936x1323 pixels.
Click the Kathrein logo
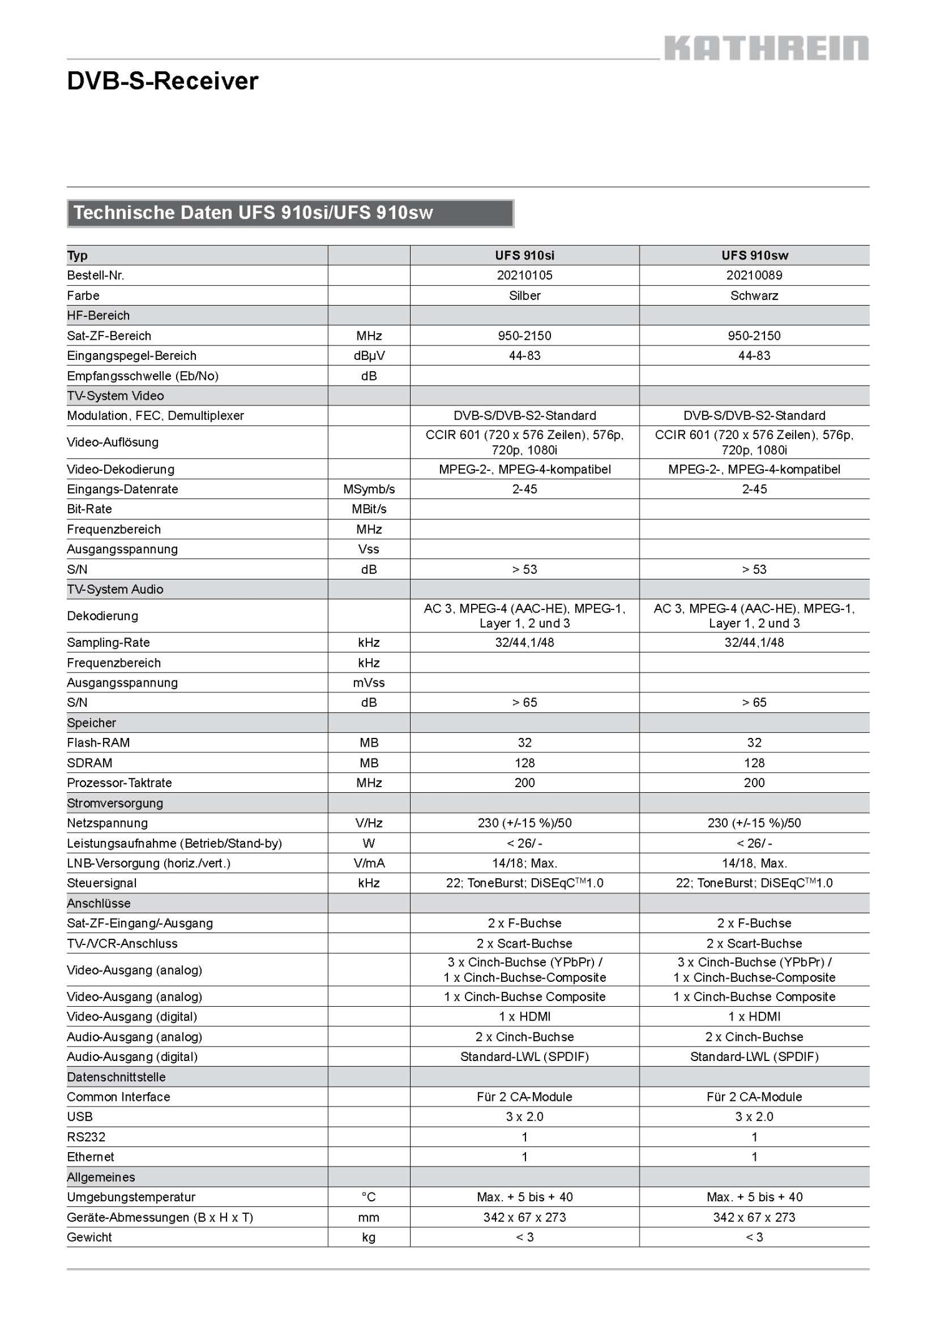coord(766,48)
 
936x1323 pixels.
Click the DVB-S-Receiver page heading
coord(162,81)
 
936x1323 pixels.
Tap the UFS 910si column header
coord(524,255)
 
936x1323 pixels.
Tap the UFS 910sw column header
coord(754,255)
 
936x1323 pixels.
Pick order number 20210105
coord(524,275)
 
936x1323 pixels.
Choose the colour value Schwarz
coord(754,296)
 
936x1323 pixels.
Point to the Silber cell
coord(524,296)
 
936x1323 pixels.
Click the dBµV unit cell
coord(369,356)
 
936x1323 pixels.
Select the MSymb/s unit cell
coord(369,489)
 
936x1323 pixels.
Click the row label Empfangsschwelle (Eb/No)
coord(142,376)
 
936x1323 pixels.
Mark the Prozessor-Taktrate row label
coord(119,783)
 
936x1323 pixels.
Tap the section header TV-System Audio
coord(115,589)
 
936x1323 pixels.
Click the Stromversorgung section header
coord(115,803)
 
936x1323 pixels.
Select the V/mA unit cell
coord(369,863)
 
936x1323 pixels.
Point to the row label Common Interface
coord(118,1097)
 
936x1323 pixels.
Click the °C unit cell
coord(369,1197)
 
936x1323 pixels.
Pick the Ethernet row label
coord(90,1157)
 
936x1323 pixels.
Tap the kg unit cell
coord(369,1237)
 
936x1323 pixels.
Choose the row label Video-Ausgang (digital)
coord(132,1017)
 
